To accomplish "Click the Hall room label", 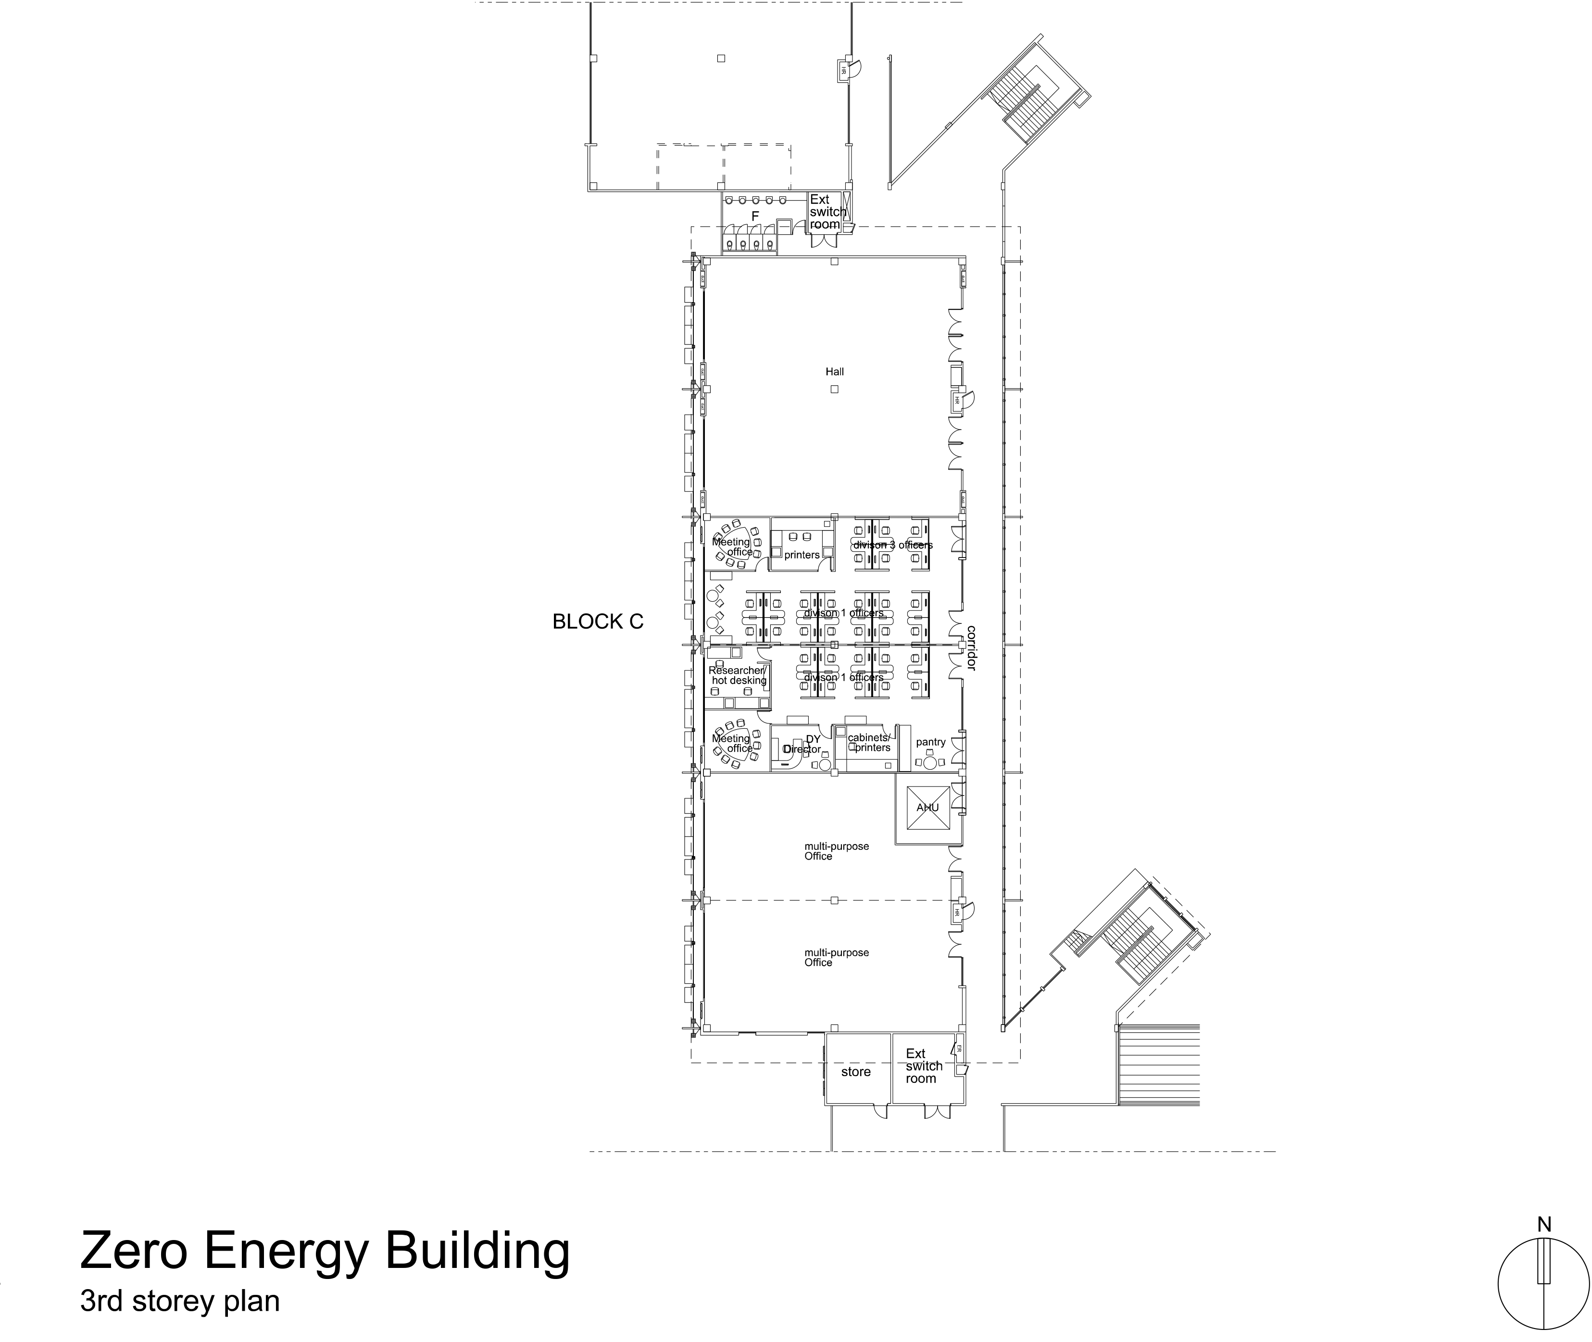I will point(834,372).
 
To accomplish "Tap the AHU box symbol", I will point(927,809).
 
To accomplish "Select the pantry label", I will point(930,742).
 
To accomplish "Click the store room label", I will point(856,1072).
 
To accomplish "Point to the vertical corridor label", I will point(971,648).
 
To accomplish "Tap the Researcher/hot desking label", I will point(738,675).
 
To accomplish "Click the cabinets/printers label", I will point(869,743).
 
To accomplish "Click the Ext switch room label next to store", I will point(923,1066).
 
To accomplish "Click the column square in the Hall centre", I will point(834,389).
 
